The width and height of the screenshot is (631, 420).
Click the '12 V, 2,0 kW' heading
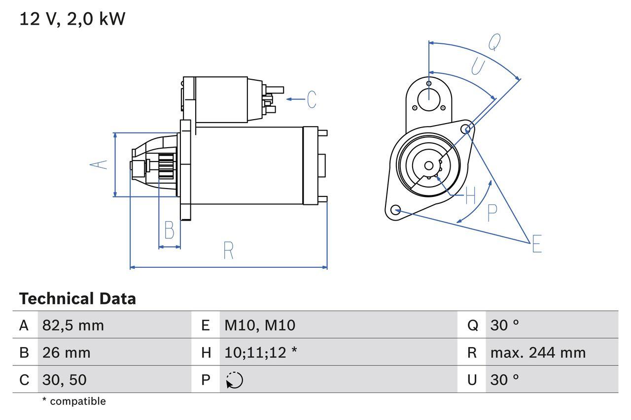72,19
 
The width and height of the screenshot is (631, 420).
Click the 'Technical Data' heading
77,299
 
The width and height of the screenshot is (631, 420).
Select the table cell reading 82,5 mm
73,325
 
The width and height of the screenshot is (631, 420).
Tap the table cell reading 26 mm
66,353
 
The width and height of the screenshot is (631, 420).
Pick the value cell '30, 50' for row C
64,380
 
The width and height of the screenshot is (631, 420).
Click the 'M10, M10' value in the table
260,325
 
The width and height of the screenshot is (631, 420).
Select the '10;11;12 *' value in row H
260,353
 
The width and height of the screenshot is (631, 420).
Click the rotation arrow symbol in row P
235,380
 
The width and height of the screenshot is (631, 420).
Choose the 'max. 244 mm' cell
538,353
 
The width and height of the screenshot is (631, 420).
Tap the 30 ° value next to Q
505,325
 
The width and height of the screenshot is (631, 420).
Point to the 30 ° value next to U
505,380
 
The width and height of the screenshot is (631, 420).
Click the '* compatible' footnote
74,401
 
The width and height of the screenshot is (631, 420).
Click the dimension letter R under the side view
228,251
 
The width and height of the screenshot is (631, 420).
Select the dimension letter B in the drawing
169,230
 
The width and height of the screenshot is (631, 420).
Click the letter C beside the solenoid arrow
311,99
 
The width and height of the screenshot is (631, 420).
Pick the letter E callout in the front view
536,244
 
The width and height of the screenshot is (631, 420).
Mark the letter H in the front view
470,196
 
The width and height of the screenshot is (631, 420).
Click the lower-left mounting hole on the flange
395,210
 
